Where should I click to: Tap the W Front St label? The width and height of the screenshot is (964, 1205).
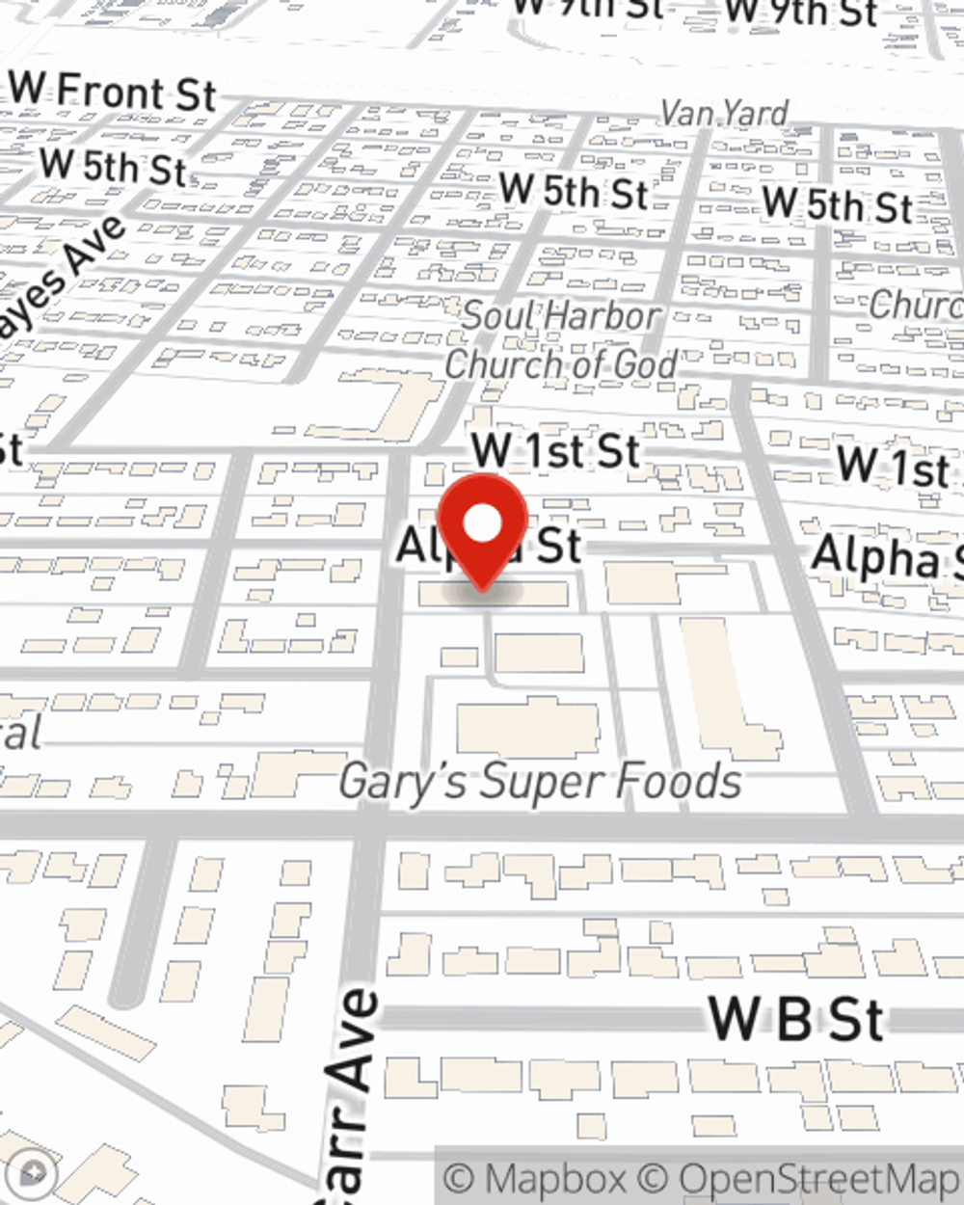pos(113,93)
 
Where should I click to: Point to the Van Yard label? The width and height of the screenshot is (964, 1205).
pos(724,113)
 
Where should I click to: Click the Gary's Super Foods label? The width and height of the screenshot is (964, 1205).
pos(540,781)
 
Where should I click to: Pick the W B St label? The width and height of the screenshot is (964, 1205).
pos(795,1019)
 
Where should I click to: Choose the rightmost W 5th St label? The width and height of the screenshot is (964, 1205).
pos(837,205)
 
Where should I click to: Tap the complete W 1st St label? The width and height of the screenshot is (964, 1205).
pos(556,450)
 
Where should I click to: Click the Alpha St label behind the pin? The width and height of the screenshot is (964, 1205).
pos(490,547)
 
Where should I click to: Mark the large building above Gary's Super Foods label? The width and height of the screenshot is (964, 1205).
pos(528,729)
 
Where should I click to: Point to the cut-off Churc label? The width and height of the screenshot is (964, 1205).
pos(915,305)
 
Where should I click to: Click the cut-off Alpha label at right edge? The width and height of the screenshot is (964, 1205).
pos(887,558)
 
